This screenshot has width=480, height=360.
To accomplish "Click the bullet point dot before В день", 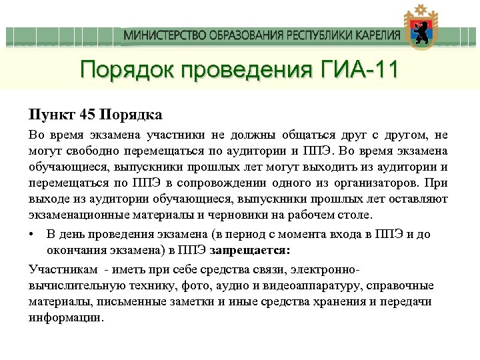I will click(x=32, y=235).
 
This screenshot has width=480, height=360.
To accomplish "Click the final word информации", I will click(x=66, y=317).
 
